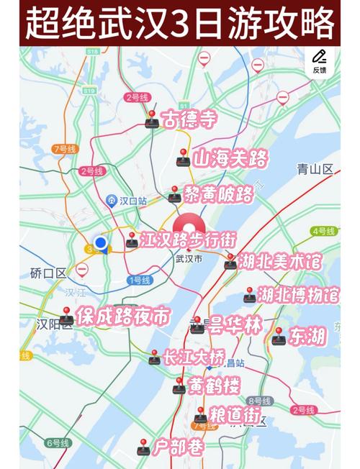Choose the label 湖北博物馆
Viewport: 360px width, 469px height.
tap(298, 295)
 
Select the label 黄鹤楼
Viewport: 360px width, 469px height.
tap(214, 386)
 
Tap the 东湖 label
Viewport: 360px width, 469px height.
tap(307, 334)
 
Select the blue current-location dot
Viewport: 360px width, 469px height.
tap(102, 244)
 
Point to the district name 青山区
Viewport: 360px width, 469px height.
tap(315, 170)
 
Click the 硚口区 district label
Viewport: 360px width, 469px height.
tap(48, 273)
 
